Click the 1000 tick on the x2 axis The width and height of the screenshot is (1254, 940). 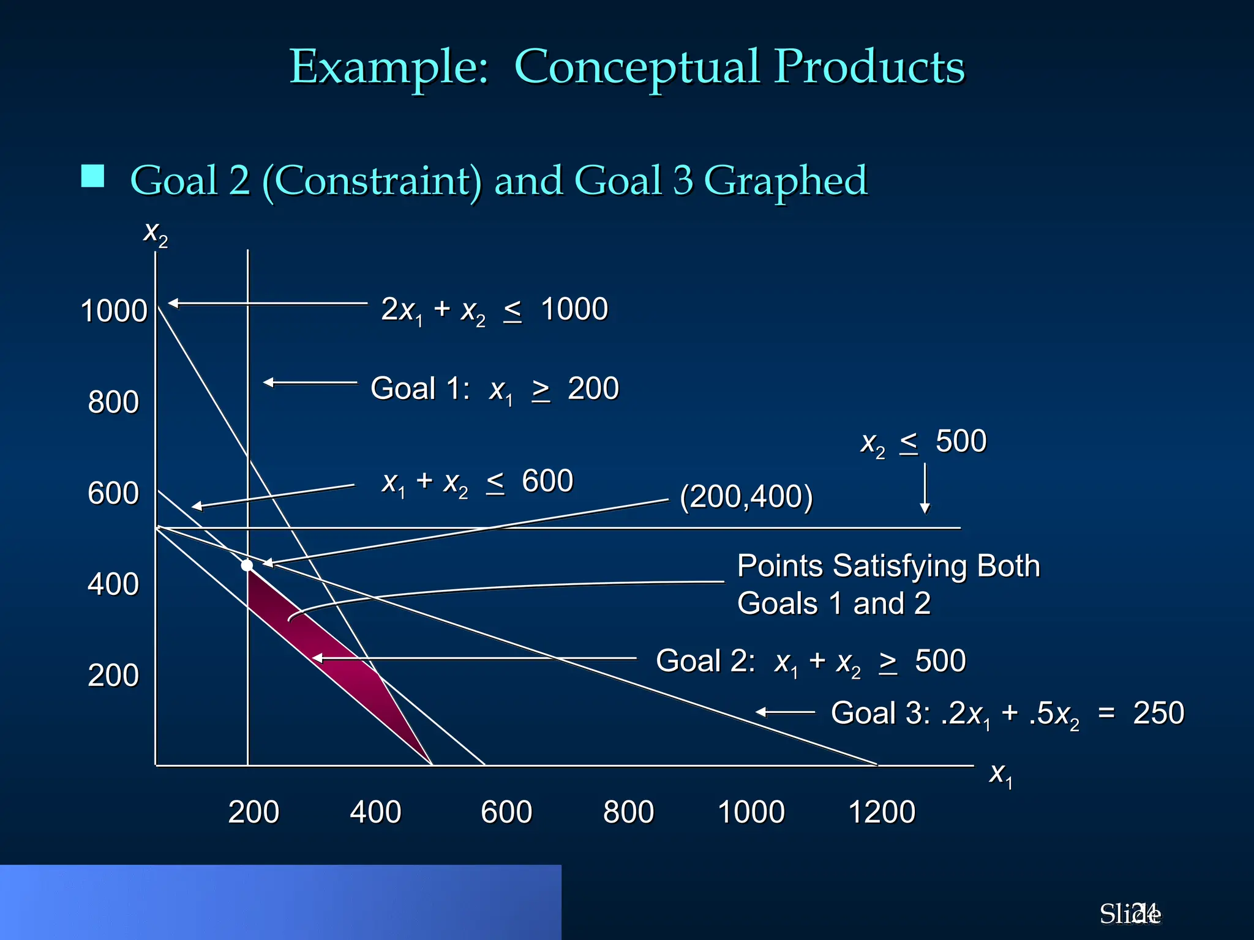pyautogui.click(x=114, y=311)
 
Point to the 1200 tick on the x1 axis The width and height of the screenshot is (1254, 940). pyautogui.click(x=882, y=812)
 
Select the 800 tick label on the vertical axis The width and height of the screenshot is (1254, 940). pyautogui.click(x=113, y=403)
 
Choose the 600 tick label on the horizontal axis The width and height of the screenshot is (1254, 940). pyautogui.click(x=506, y=812)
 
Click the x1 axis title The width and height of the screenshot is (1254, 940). pyautogui.click(x=1001, y=774)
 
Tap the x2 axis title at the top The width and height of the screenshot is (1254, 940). pyautogui.click(x=155, y=233)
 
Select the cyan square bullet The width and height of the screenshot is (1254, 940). pyautogui.click(x=92, y=176)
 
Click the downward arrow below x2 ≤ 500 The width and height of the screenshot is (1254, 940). pyautogui.click(x=925, y=490)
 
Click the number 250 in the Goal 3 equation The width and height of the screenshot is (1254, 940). pyautogui.click(x=1158, y=713)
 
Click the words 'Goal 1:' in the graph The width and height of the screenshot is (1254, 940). pyautogui.click(x=420, y=389)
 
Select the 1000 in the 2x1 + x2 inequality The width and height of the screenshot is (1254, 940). pyautogui.click(x=574, y=309)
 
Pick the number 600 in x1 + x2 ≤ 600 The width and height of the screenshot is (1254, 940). pyautogui.click(x=547, y=481)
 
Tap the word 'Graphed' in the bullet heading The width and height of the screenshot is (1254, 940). pyautogui.click(x=786, y=181)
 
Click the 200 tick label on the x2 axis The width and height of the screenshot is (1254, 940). pyautogui.click(x=113, y=676)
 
